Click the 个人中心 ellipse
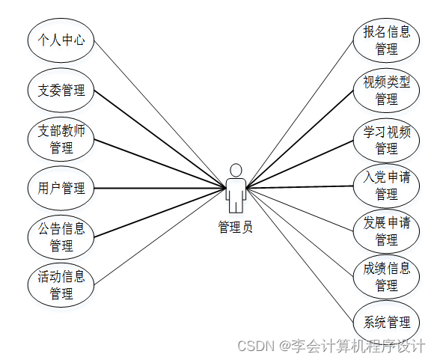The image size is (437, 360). (x=61, y=40)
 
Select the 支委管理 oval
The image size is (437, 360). (x=61, y=90)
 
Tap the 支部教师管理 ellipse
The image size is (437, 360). (x=61, y=139)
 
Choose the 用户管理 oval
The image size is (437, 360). (x=61, y=188)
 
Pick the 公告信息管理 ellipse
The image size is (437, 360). (x=61, y=237)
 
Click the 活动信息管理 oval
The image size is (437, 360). (x=61, y=285)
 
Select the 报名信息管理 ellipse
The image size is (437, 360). (x=386, y=40)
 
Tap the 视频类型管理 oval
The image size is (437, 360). (x=386, y=91)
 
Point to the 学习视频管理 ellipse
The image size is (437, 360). (x=386, y=140)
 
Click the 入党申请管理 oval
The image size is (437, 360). (x=386, y=186)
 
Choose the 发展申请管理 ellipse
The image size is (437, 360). (x=386, y=231)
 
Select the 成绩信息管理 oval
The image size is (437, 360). (x=386, y=277)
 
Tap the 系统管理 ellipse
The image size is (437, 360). (x=386, y=323)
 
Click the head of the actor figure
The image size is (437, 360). (x=236, y=171)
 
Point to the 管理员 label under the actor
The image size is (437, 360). (x=236, y=227)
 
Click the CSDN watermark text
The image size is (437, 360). (x=331, y=346)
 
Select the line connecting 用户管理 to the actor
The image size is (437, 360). (x=159, y=188)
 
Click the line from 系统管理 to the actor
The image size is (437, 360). (x=300, y=255)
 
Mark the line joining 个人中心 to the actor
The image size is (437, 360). (x=159, y=115)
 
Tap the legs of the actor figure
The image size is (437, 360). (x=236, y=207)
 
